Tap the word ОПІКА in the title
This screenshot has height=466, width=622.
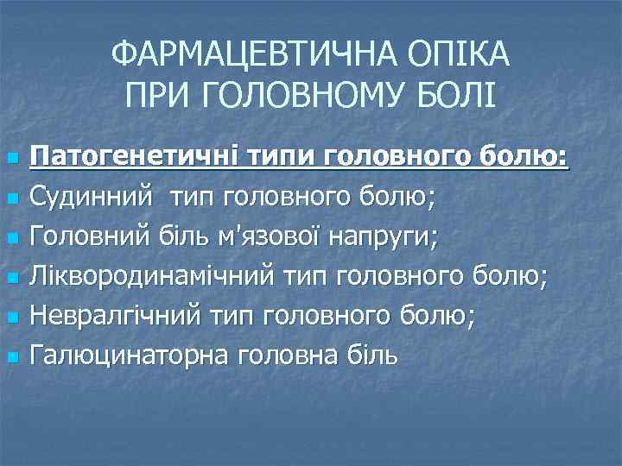[466, 57]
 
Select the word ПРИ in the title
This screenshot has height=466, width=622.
[156, 94]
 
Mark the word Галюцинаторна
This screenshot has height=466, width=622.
[129, 355]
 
